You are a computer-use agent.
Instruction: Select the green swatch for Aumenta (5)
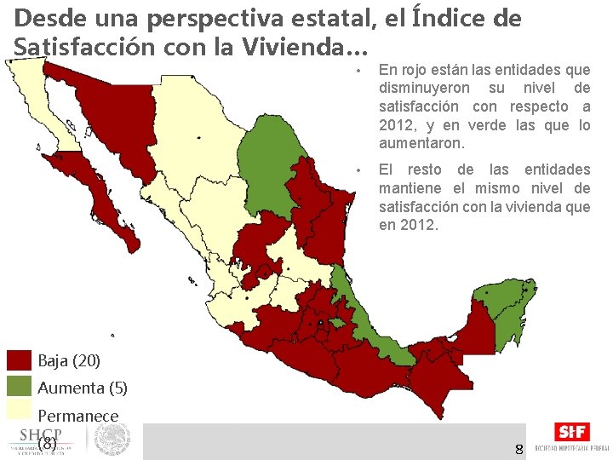tap(18, 388)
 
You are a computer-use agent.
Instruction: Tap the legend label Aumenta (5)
tap(83, 388)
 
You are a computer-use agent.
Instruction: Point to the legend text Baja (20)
tap(69, 361)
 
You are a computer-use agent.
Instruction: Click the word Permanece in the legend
tap(78, 416)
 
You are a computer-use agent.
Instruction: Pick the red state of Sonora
tap(119, 119)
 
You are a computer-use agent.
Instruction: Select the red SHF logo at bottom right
tap(571, 432)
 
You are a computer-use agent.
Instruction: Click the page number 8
tap(518, 448)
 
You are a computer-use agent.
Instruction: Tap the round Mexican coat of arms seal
tap(112, 440)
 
